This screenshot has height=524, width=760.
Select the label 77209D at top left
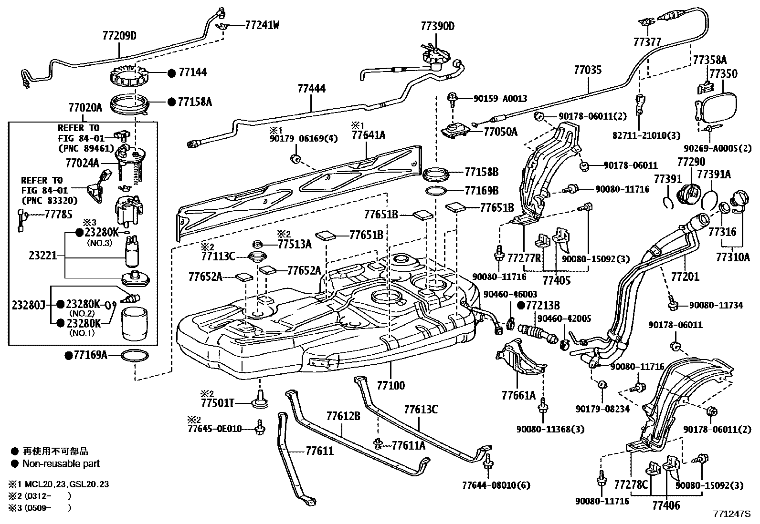click(x=119, y=35)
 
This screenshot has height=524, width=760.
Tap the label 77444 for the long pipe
click(x=311, y=89)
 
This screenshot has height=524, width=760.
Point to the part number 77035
click(x=588, y=71)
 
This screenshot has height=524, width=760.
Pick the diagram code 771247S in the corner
click(x=732, y=514)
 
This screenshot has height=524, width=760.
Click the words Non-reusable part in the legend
click(x=61, y=463)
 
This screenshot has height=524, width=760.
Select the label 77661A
click(x=518, y=395)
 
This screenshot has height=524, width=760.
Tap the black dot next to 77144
click(x=172, y=73)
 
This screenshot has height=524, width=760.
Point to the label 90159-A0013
click(x=500, y=99)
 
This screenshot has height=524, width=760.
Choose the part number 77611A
click(x=408, y=445)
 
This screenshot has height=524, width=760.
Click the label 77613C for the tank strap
click(x=421, y=410)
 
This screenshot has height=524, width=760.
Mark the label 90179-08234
click(x=602, y=409)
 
